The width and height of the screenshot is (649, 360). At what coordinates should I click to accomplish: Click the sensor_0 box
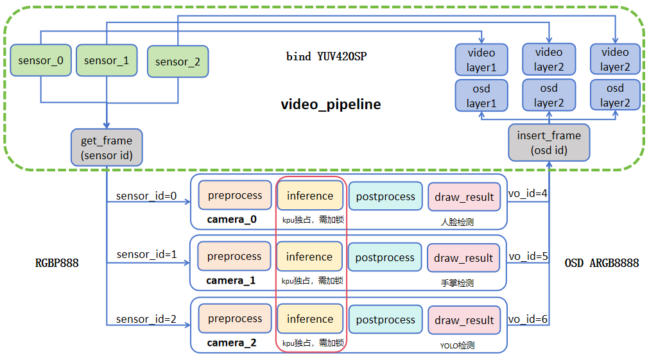click(x=40, y=61)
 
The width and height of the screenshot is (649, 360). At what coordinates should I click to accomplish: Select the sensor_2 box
click(x=178, y=62)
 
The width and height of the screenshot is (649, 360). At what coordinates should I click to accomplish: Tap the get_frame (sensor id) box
click(x=107, y=147)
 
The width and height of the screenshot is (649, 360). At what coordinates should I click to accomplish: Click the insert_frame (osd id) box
click(x=549, y=142)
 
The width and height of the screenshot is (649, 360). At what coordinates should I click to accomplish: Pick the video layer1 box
click(x=481, y=59)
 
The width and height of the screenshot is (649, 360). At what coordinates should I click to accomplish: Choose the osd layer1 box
click(x=481, y=96)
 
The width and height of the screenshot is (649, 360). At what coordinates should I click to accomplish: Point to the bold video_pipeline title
click(x=331, y=104)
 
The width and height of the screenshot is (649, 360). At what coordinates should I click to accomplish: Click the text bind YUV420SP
click(x=326, y=56)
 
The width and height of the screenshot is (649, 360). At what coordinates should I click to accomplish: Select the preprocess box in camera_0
click(x=234, y=196)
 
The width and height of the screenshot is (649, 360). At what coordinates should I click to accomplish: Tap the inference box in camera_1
click(x=309, y=257)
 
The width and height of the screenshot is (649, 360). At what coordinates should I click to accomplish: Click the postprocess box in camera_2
click(x=385, y=320)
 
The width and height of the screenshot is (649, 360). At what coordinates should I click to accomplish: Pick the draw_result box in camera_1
click(x=463, y=258)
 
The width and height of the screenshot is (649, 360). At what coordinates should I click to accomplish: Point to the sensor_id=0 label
click(x=146, y=196)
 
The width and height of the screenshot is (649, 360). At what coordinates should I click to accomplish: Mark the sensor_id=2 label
click(x=146, y=319)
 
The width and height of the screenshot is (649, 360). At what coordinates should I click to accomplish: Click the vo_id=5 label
click(x=528, y=257)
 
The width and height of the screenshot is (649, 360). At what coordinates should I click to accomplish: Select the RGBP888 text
click(x=57, y=262)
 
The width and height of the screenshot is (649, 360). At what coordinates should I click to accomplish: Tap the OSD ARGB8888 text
click(x=601, y=262)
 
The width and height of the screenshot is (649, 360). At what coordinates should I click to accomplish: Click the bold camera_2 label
click(x=231, y=343)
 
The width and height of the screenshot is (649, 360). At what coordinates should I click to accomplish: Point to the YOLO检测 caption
click(x=457, y=345)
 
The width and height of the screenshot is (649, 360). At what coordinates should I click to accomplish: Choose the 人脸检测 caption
click(x=457, y=223)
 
